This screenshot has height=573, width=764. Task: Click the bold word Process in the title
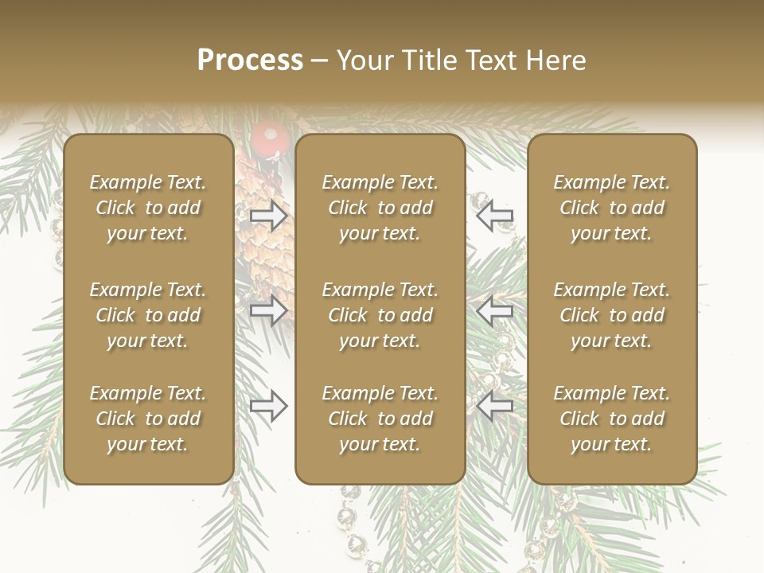[250, 60]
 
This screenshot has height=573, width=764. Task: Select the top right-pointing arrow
[268, 215]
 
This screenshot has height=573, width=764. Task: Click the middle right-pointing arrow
[268, 310]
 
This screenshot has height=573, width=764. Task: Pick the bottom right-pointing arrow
[268, 406]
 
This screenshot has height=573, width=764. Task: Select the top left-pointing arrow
[495, 215]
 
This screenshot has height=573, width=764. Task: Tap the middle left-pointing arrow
[495, 310]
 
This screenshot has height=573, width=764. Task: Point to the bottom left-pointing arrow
[495, 406]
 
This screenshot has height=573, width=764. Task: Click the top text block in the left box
[148, 208]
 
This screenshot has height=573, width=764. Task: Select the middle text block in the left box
[148, 315]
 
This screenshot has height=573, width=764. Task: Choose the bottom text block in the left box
[148, 419]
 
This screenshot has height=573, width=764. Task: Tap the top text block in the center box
[380, 208]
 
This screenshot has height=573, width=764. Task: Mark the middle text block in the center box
[380, 315]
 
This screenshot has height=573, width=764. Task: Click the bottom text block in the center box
[380, 419]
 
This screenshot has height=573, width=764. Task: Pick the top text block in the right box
[611, 208]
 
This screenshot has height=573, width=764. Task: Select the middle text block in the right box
[611, 315]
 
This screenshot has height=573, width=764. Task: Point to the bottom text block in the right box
[611, 419]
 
